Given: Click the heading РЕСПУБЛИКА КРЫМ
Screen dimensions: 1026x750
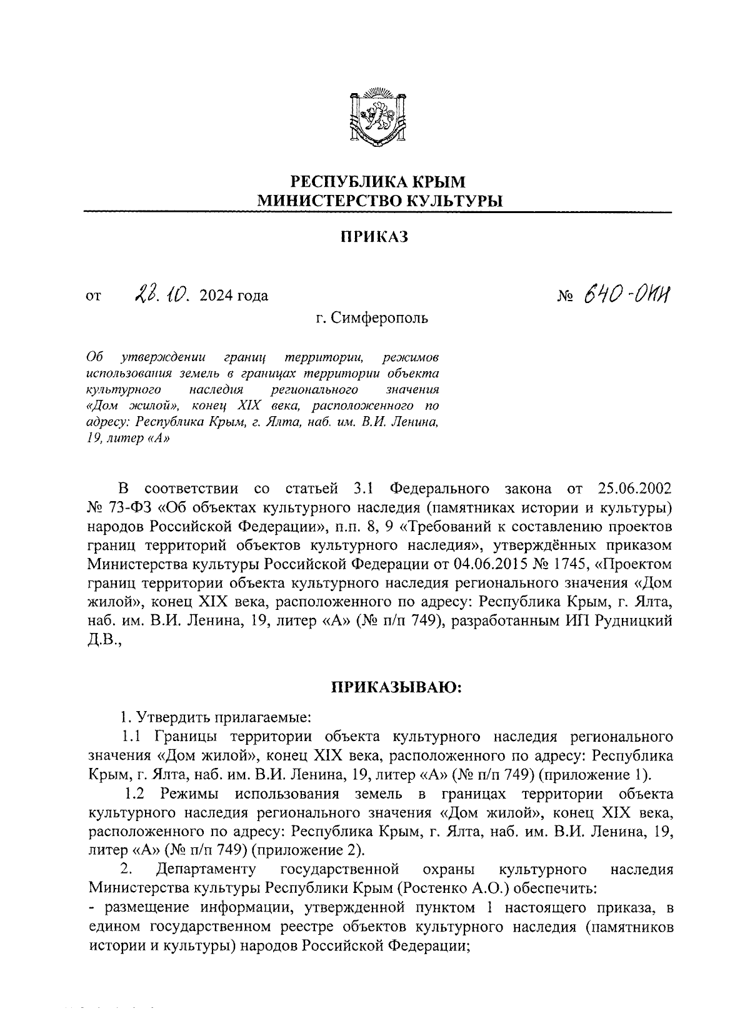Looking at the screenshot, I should [x=379, y=182].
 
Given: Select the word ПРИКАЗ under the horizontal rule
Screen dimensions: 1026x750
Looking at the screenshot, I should [x=374, y=237].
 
